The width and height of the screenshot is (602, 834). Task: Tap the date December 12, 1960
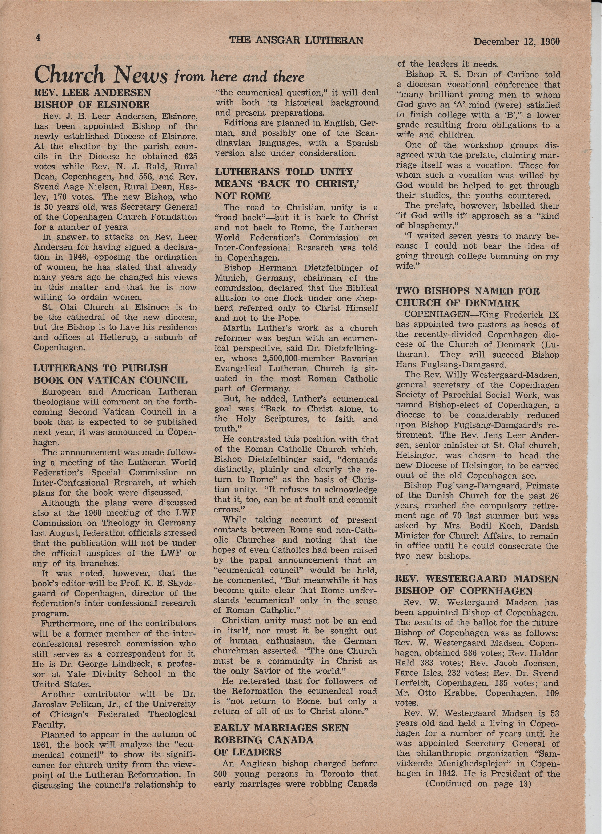pos(517,42)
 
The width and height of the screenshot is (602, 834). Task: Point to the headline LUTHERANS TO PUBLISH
pos(100,368)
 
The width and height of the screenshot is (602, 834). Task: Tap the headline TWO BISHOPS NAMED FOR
pos(467,291)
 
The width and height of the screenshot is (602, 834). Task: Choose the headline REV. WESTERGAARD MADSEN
pos(477,579)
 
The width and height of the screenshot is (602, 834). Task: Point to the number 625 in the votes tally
pos(190,156)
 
